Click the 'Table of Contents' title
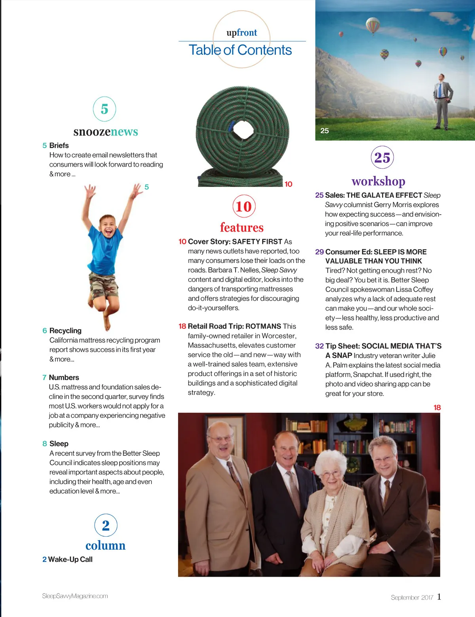(240, 50)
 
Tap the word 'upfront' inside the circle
(241, 32)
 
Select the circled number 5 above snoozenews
(104, 109)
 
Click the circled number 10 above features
(243, 206)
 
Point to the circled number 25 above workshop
(382, 158)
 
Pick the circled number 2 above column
(106, 525)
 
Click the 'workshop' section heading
(378, 181)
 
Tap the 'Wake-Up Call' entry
(70, 559)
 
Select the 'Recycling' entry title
(65, 331)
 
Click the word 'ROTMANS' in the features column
(263, 326)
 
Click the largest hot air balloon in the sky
(372, 25)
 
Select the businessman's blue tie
(439, 91)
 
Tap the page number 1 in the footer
(439, 596)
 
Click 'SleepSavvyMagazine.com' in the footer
(75, 596)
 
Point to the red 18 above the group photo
(437, 408)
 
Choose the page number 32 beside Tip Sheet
(319, 346)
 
